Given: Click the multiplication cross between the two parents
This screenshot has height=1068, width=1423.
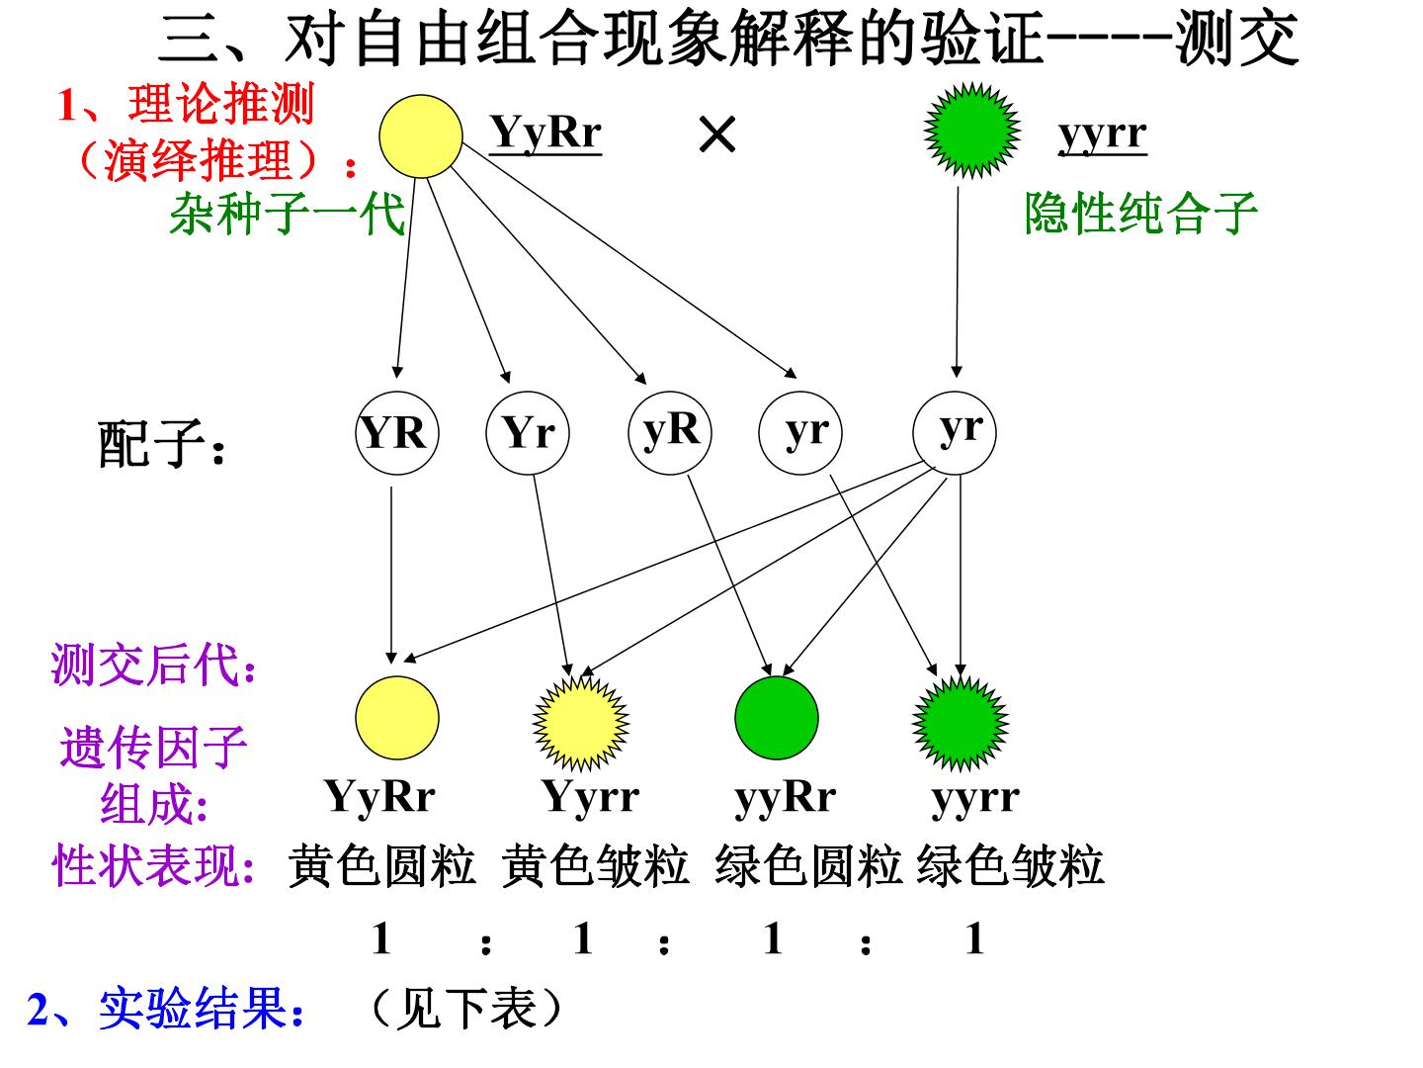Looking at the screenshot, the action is pyautogui.click(x=717, y=134).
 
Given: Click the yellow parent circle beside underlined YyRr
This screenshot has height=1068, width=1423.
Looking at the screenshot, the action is pyautogui.click(x=421, y=136).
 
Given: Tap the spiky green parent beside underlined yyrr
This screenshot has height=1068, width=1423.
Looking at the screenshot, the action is pyautogui.click(x=971, y=131).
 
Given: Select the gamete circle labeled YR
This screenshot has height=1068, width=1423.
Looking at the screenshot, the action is pyautogui.click(x=396, y=432).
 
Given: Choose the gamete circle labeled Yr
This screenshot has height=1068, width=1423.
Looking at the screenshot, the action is pyautogui.click(x=527, y=432).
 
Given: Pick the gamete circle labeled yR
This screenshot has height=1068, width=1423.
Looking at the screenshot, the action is pyautogui.click(x=670, y=432).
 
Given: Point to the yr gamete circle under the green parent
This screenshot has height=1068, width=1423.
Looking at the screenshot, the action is pyautogui.click(x=955, y=432).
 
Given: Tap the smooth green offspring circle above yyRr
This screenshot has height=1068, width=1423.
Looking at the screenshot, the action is pyautogui.click(x=776, y=718).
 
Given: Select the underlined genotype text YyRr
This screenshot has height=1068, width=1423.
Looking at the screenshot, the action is pyautogui.click(x=545, y=133).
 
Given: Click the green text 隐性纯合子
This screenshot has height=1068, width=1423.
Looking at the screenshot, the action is pyautogui.click(x=1140, y=213).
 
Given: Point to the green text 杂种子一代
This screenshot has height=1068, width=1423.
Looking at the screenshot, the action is pyautogui.click(x=288, y=213).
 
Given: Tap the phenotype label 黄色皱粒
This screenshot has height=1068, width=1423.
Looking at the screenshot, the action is pyautogui.click(x=595, y=865).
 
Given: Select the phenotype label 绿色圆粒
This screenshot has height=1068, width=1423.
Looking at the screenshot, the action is pyautogui.click(x=808, y=865).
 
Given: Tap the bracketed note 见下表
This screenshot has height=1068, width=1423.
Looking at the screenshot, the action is pyautogui.click(x=466, y=1009).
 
